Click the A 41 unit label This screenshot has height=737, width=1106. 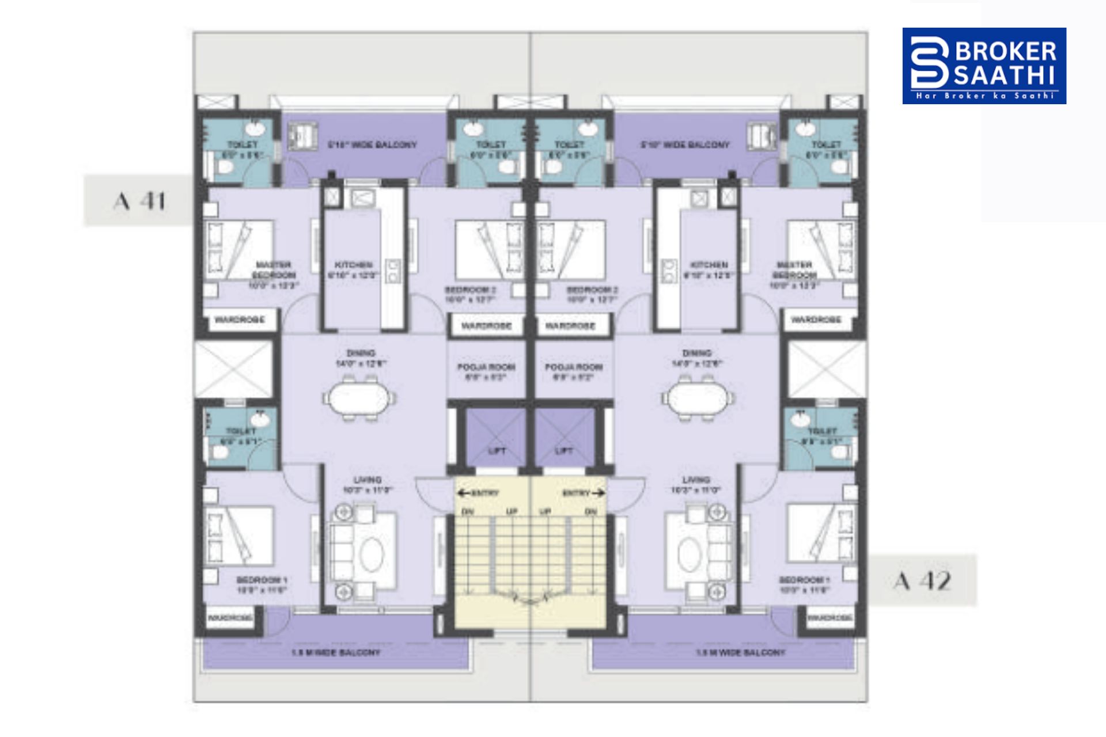click(140, 201)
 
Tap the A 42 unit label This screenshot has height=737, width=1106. click(922, 580)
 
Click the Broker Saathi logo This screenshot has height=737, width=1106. click(984, 66)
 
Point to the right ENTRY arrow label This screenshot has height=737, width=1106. click(583, 493)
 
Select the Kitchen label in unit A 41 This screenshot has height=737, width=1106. click(353, 265)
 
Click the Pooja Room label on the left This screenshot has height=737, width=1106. click(486, 367)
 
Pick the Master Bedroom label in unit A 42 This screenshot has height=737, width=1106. click(794, 269)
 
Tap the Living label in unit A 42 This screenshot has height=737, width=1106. click(696, 480)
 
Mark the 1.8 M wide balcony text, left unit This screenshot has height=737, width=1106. click(336, 652)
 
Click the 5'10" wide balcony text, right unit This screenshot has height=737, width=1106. click(685, 145)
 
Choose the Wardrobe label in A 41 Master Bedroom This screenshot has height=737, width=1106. click(240, 320)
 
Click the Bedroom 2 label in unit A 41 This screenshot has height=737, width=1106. click(470, 290)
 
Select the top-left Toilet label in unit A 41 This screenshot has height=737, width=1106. click(243, 145)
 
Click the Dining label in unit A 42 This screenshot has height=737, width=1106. click(696, 352)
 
